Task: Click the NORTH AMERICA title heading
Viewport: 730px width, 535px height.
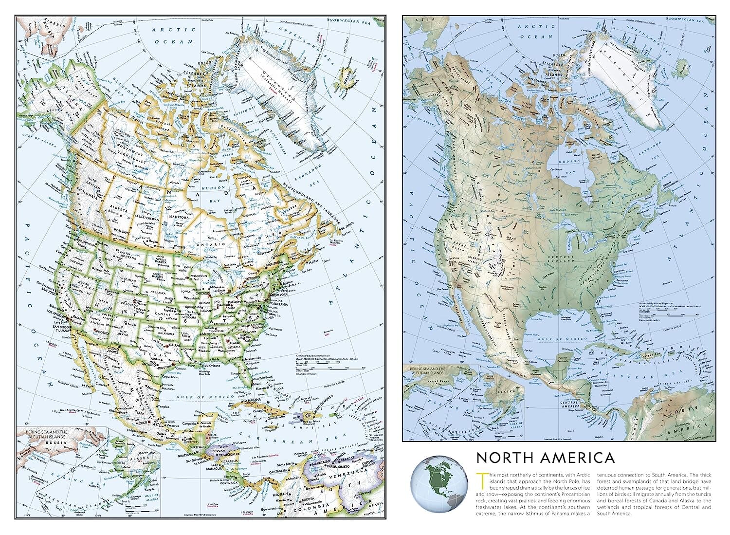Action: click(x=545, y=458)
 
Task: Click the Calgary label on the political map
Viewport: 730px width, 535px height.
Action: click(x=122, y=232)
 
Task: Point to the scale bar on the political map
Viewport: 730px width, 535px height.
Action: click(x=329, y=362)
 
